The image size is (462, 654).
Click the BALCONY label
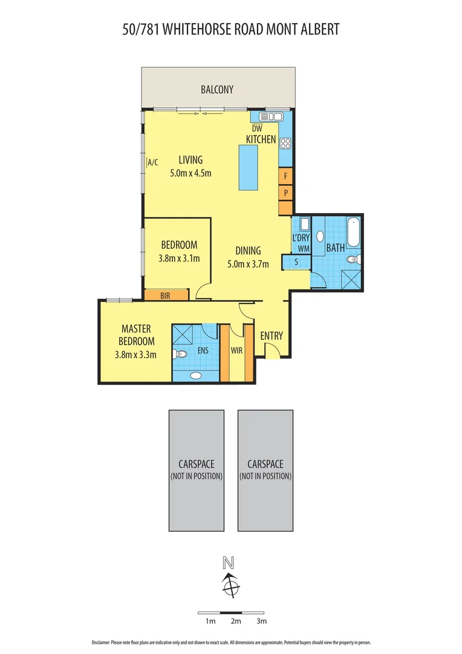point(217,90)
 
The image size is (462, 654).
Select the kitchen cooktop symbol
point(285,144)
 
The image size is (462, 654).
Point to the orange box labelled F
point(285,176)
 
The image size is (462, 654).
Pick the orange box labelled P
point(285,192)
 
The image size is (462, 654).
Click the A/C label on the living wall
point(152,162)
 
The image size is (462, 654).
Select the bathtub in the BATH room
point(353,233)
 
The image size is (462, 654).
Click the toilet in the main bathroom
point(354,260)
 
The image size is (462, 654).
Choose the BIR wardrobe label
point(166,296)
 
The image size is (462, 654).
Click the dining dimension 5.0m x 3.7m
point(248,263)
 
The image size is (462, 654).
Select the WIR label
point(236,350)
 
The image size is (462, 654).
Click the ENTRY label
point(272,336)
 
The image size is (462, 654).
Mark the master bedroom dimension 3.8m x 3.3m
point(136,355)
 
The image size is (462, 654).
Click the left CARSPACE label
point(197,464)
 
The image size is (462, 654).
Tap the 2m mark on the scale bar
point(236,621)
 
